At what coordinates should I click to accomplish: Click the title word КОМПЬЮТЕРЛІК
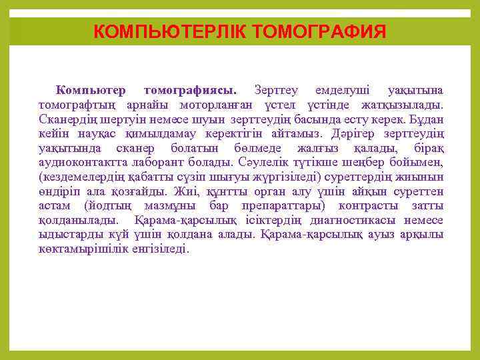coord(169,31)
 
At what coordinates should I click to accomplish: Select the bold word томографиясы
coord(189,90)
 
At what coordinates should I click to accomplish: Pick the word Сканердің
coord(69,119)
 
